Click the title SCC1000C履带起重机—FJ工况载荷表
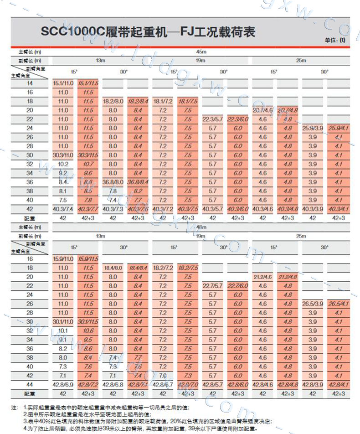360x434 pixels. [148, 32]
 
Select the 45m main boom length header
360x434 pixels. [201, 52]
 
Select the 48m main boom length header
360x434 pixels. [201, 227]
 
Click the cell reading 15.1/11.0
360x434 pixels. [63, 83]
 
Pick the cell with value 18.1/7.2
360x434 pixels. [163, 101]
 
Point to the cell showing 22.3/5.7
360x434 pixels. [212, 119]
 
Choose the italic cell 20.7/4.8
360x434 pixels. [287, 110]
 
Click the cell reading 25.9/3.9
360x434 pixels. [313, 129]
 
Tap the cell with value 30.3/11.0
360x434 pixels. [63, 155]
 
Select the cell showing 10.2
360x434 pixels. [63, 164]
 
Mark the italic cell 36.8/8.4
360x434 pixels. [138, 182]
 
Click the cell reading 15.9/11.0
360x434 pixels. [63, 259]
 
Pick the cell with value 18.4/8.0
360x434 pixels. [113, 268]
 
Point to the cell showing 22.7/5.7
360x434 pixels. [212, 286]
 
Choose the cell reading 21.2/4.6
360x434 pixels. [262, 277]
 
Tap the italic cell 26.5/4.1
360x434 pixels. [338, 304]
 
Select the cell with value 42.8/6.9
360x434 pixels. [63, 385]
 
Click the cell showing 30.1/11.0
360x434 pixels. [63, 322]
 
